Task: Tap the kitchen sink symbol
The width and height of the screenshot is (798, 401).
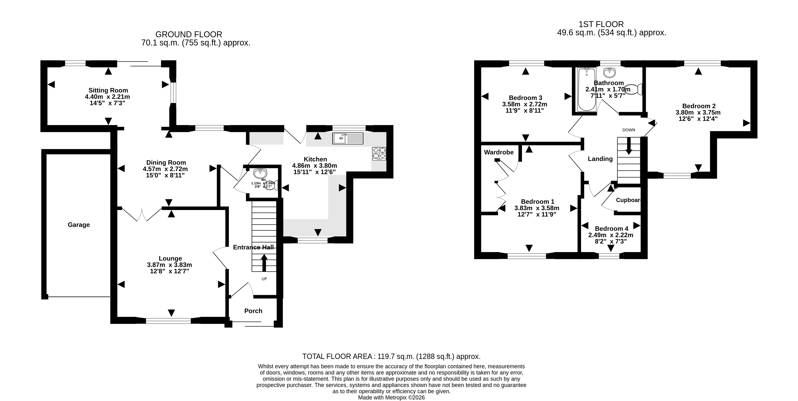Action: click(x=348, y=138)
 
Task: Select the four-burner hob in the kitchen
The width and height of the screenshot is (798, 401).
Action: click(x=379, y=154)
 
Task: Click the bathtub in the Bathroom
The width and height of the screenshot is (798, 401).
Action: click(x=586, y=89)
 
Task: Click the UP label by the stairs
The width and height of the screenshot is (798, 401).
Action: click(x=264, y=279)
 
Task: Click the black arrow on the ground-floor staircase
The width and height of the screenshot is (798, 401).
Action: click(x=264, y=263)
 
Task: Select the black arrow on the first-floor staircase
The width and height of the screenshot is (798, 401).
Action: click(x=629, y=146)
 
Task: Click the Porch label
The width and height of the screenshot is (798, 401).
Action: click(x=253, y=311)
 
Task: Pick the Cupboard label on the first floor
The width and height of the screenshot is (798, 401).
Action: click(x=628, y=200)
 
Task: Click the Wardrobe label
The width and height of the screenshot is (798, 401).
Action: click(x=499, y=152)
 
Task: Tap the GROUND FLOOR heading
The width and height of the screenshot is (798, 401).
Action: click(x=189, y=34)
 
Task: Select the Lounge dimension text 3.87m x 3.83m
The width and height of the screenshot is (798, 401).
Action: click(x=170, y=265)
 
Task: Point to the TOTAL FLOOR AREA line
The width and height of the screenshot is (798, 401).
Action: click(x=391, y=356)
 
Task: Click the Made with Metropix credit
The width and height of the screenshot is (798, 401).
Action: click(x=391, y=398)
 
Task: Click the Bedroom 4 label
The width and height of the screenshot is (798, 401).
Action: click(x=611, y=229)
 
